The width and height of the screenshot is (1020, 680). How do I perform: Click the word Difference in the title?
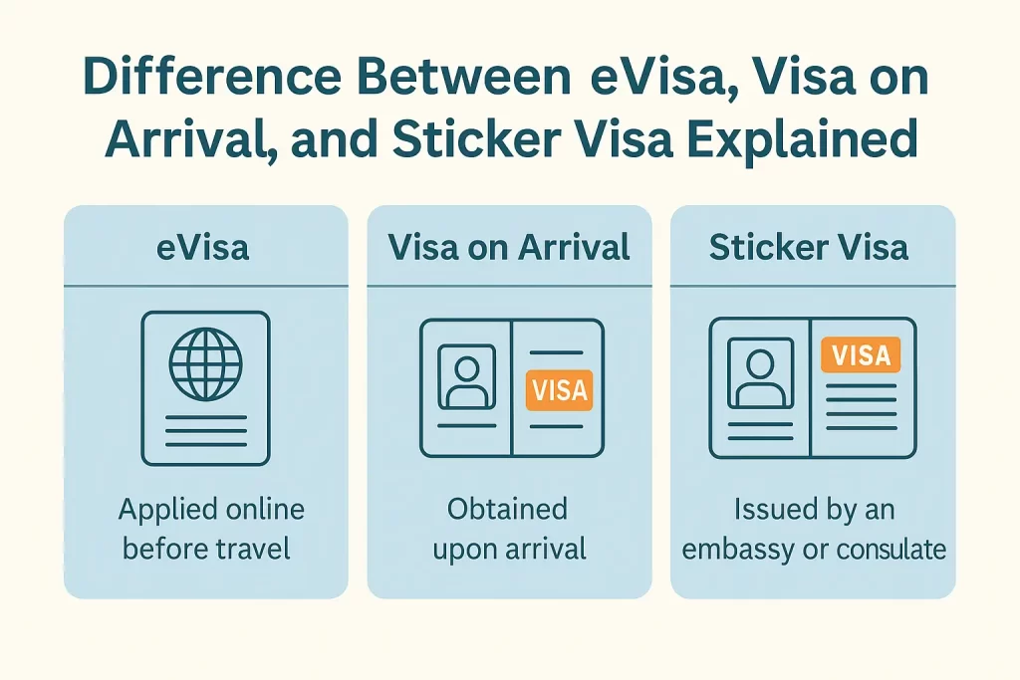pos(212,78)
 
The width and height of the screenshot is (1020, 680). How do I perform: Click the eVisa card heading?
pos(203,248)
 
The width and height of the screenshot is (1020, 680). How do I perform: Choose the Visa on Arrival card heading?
pos(509,247)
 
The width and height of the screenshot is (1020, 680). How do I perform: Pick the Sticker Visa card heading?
pos(808,247)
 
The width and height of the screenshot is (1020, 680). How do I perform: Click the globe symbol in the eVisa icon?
pos(205,364)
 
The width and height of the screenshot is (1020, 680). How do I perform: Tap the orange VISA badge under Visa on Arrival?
pos(560,390)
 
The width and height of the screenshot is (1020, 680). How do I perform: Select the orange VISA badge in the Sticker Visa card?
pos(861,355)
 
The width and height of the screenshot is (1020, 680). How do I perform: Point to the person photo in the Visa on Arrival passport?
pos(466,377)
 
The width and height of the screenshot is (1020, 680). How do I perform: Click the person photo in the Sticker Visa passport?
pos(760,372)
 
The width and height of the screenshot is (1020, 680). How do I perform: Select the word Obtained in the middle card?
pos(507,509)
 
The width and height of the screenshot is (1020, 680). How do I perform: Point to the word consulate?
pos(891,550)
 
